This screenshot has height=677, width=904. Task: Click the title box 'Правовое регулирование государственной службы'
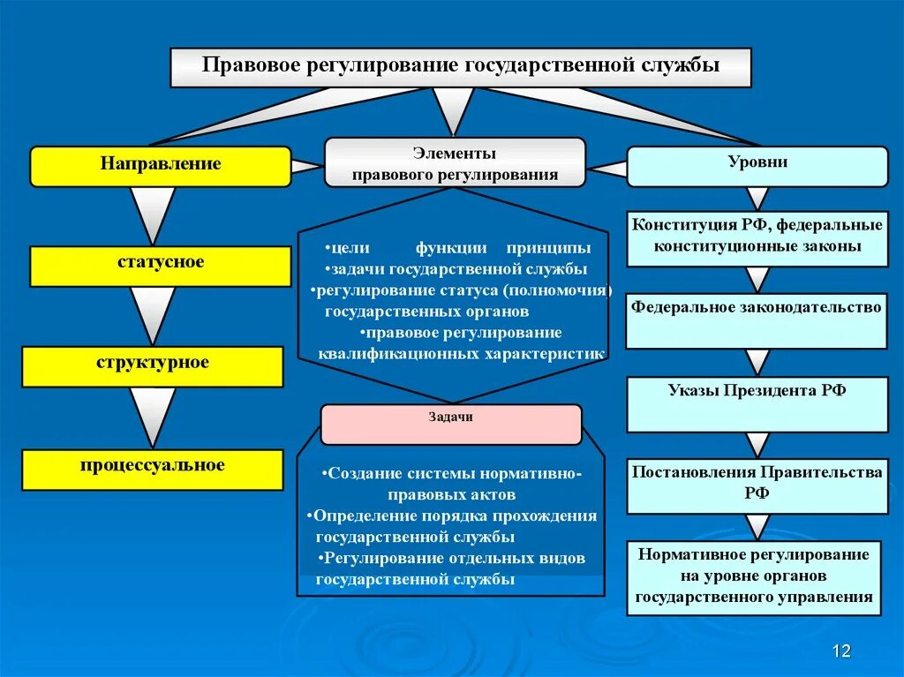coord(460,67)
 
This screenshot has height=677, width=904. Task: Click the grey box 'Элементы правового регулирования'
coord(455,162)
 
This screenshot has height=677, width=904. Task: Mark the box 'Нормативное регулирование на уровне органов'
coord(757,577)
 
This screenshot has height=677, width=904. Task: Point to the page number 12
coord(841,651)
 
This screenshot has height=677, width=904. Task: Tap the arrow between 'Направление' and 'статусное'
coord(153,212)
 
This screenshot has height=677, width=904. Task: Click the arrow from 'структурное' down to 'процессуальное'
coord(153,415)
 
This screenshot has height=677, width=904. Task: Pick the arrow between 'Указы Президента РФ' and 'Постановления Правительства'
coord(757,444)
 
